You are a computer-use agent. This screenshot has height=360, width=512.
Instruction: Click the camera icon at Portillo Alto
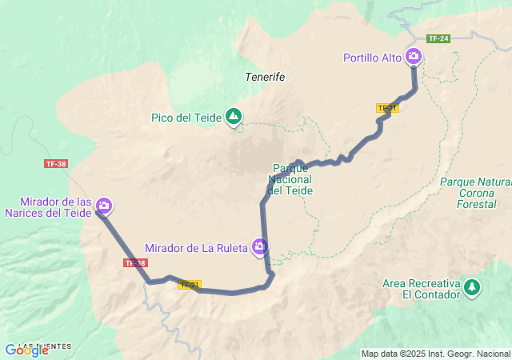[414, 56]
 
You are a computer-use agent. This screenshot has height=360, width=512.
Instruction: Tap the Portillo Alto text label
[373, 58]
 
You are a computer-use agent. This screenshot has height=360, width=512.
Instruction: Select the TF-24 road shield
[438, 38]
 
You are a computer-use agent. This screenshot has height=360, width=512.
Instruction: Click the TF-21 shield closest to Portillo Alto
[387, 107]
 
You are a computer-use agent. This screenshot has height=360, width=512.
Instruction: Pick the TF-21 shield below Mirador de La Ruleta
[190, 284]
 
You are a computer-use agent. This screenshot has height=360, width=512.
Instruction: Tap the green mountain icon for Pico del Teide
[234, 118]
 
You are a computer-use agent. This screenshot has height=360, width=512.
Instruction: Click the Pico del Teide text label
[186, 118]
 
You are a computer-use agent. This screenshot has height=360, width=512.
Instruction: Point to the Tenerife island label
[265, 77]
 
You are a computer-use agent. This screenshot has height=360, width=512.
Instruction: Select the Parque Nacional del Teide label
[290, 179]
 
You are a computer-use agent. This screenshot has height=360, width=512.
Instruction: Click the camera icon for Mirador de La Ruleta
[259, 246]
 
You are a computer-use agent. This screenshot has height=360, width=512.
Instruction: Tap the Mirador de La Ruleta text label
[196, 248]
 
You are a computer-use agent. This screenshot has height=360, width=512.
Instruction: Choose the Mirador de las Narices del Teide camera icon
[103, 206]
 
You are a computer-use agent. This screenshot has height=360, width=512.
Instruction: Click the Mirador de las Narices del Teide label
[47, 207]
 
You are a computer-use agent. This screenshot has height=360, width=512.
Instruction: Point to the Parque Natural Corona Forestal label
[474, 192]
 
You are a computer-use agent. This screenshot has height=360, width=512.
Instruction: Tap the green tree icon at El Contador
[472, 286]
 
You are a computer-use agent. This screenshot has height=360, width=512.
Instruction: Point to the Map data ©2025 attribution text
[435, 354]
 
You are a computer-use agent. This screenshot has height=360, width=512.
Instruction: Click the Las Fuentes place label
[45, 346]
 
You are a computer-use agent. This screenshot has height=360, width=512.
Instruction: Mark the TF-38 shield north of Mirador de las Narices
[56, 163]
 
